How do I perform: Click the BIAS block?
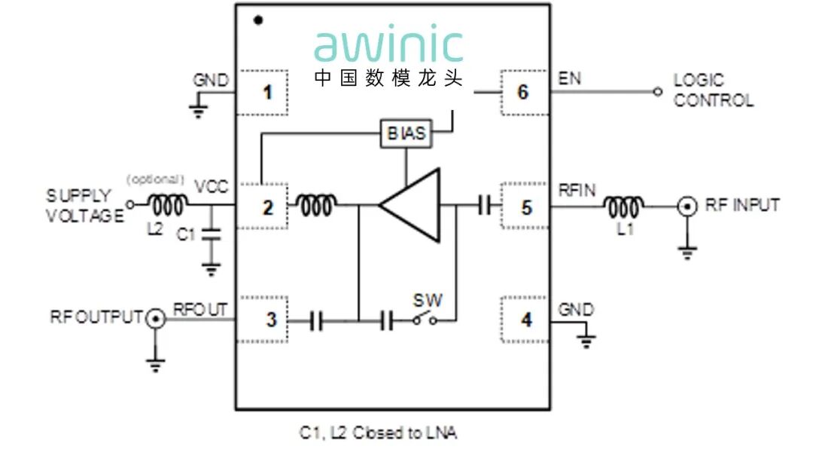pyautogui.click(x=406, y=133)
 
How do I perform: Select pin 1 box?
pyautogui.click(x=262, y=93)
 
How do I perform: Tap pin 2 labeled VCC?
pyautogui.click(x=262, y=206)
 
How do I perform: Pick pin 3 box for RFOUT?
pyautogui.click(x=262, y=320)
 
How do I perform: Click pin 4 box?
pyautogui.click(x=525, y=320)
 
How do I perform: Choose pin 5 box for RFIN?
pyautogui.click(x=525, y=206)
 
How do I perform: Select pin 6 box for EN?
pyautogui.click(x=525, y=93)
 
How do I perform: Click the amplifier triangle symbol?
pyautogui.click(x=414, y=206)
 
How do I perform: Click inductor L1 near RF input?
pyautogui.click(x=624, y=205)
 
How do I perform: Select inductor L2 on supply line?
pyautogui.click(x=166, y=204)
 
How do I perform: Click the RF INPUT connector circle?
pyautogui.click(x=687, y=206)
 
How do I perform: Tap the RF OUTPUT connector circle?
pyautogui.click(x=155, y=318)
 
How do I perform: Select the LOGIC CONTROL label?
pyautogui.click(x=712, y=90)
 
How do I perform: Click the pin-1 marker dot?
pyautogui.click(x=258, y=20)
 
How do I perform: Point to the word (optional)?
pyautogui.click(x=155, y=179)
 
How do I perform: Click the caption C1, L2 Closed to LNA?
pyautogui.click(x=377, y=433)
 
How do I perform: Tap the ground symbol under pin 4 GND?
pyautogui.click(x=587, y=339)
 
